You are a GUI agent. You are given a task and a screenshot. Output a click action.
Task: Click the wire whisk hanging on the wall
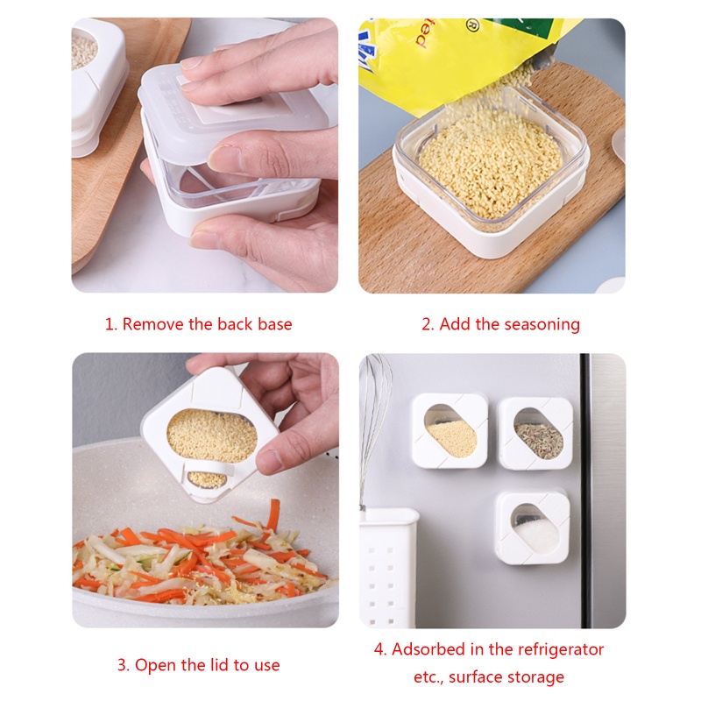click(374, 421)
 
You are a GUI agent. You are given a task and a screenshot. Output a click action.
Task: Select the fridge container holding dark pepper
click(535, 433)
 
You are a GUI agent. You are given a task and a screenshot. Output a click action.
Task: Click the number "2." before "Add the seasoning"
click(428, 325)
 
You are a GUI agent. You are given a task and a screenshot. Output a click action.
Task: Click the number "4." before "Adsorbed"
click(380, 649)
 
